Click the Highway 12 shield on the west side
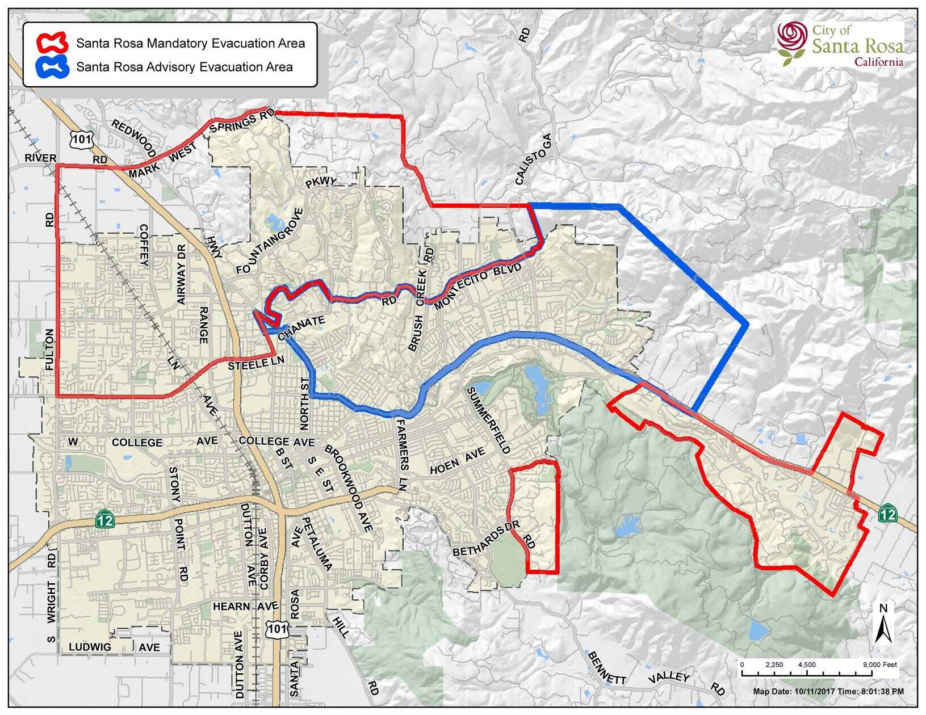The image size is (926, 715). click(x=105, y=519)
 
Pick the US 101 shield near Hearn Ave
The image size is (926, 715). click(x=277, y=628)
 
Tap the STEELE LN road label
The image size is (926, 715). click(x=255, y=365)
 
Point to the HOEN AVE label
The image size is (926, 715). click(x=457, y=461)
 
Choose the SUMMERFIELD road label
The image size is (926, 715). click(x=488, y=420)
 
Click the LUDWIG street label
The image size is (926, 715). click(x=90, y=647)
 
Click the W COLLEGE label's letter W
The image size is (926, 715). click(x=72, y=442)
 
